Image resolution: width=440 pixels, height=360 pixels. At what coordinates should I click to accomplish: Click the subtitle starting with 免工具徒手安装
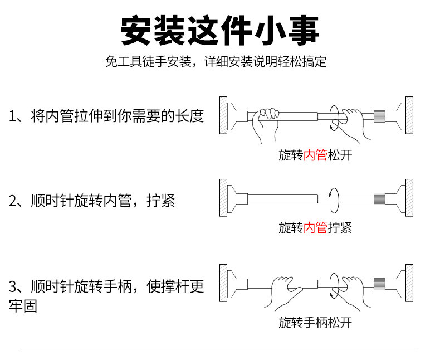point(216,61)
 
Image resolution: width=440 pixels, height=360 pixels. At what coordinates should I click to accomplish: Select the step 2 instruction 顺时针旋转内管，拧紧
point(92,201)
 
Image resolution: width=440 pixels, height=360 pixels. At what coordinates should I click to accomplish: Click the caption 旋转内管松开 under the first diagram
point(315,155)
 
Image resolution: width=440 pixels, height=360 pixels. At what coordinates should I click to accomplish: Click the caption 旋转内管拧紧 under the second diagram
point(315,227)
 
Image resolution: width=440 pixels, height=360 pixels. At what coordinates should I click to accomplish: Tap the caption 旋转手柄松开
point(315,322)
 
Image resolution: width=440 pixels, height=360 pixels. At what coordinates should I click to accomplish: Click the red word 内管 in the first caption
point(315,155)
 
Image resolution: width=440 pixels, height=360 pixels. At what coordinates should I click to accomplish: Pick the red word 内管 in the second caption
point(315,227)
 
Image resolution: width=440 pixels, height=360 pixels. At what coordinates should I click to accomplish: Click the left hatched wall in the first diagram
point(223,116)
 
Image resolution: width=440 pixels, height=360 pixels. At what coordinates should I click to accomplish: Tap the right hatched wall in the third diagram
point(409,283)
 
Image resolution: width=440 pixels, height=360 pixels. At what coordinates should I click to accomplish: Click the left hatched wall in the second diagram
point(223,198)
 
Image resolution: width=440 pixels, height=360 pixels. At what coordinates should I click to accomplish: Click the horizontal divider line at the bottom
point(219,351)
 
